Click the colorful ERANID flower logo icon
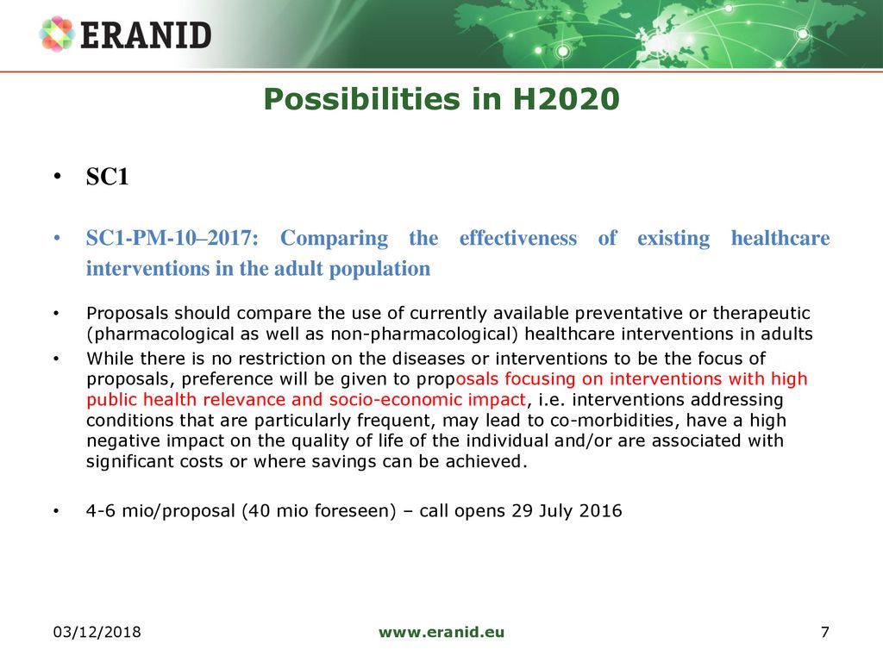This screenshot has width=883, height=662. [x=57, y=34]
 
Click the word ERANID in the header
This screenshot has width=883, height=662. [x=146, y=34]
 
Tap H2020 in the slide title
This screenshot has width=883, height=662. [x=566, y=99]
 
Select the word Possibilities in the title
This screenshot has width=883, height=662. [x=362, y=99]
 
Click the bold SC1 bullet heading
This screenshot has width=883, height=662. [x=107, y=177]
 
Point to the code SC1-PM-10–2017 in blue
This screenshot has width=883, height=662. [x=172, y=238]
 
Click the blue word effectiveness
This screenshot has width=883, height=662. [x=518, y=238]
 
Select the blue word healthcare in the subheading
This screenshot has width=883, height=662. [x=780, y=238]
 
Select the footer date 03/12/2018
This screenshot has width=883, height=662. [x=97, y=632]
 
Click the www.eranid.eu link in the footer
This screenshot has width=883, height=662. [x=441, y=632]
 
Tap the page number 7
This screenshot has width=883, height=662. [x=825, y=632]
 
